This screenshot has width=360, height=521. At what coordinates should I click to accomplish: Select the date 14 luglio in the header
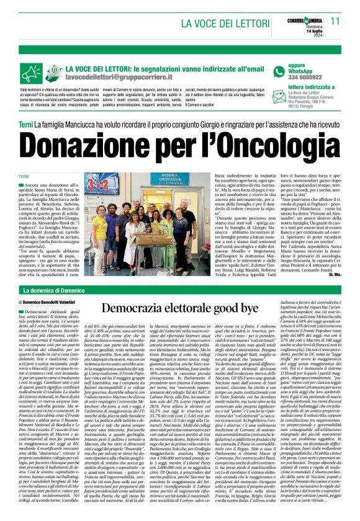coord(307,31)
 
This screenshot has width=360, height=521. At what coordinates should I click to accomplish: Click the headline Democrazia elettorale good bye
coord(180,308)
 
